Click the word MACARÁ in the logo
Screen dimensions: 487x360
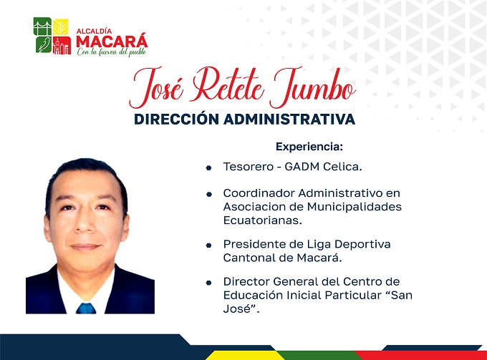point(112,41)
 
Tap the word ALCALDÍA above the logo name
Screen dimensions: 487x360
point(94,31)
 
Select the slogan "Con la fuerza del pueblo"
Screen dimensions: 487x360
point(112,52)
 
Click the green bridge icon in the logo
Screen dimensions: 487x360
point(42,26)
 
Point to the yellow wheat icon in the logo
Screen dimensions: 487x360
point(61,27)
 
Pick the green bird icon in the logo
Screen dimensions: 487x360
point(43,44)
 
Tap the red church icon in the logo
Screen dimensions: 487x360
point(62,45)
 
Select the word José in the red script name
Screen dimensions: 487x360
point(156,87)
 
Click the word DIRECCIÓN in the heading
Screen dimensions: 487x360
point(176,120)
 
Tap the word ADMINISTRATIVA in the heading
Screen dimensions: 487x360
point(289,120)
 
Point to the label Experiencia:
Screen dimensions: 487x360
point(309,147)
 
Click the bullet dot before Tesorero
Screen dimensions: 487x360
point(208,168)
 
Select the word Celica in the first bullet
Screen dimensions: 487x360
point(342,167)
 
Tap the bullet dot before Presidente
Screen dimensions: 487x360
point(208,245)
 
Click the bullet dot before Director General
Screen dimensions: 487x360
point(208,283)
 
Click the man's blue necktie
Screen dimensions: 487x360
point(86,308)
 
